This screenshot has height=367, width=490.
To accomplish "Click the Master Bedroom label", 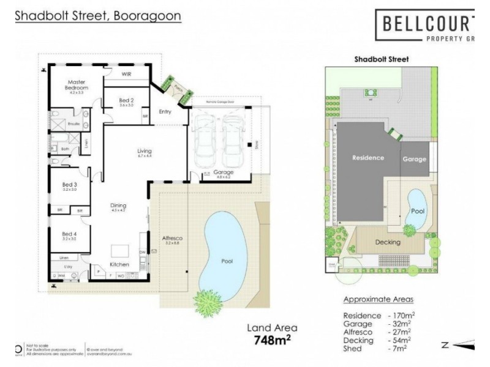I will point(77,85).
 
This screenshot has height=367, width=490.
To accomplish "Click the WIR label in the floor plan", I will point(127,74).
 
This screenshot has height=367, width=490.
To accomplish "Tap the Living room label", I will point(145,151).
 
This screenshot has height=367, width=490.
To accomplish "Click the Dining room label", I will point(118,206).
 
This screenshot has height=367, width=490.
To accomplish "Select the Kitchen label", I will point(119,264).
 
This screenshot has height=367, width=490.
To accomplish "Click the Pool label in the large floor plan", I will point(226,261).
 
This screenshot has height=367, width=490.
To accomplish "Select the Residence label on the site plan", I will point(368,158).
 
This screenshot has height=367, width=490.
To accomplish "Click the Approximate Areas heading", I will point(378,300).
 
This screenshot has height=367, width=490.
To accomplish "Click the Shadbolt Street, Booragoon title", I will point(98,17).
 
